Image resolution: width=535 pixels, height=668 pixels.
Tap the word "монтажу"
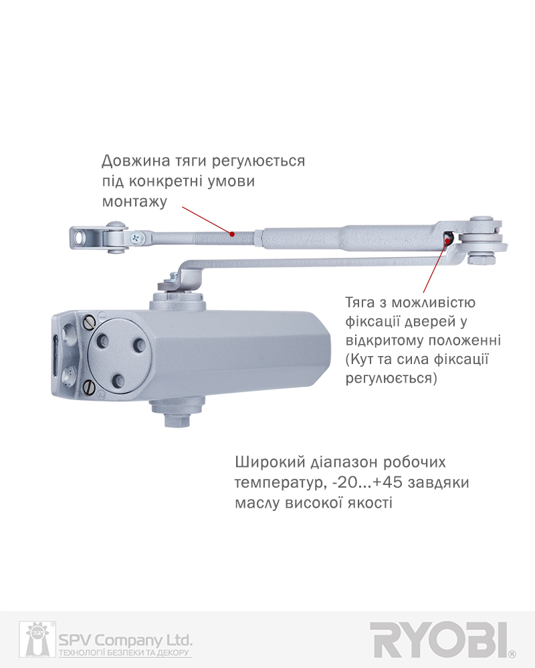pyautogui.click(x=134, y=202)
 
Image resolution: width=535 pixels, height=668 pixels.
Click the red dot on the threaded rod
pyautogui.click(x=232, y=234)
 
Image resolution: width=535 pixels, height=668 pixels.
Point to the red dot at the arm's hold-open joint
pyautogui.click(x=447, y=240)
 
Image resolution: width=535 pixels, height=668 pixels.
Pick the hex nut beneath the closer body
pyautogui.click(x=177, y=420)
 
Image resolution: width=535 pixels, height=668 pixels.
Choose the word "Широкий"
pyautogui.click(x=270, y=462)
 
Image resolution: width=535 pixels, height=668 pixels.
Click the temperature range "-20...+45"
pyautogui.click(x=367, y=483)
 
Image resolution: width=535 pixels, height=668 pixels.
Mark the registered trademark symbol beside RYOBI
pyautogui.click(x=512, y=654)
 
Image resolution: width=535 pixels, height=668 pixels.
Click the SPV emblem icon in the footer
pyautogui.click(x=37, y=639)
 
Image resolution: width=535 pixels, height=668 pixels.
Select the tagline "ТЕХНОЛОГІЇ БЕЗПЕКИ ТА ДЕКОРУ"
pyautogui.click(x=124, y=653)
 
